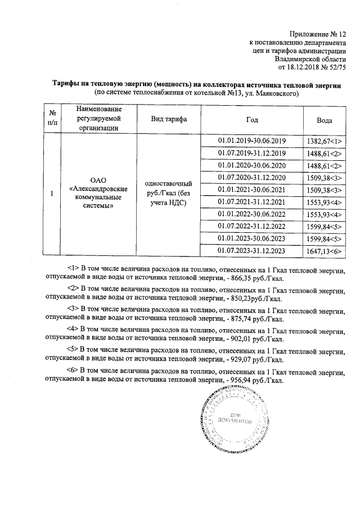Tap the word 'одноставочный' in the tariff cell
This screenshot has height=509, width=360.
coord(169,184)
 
